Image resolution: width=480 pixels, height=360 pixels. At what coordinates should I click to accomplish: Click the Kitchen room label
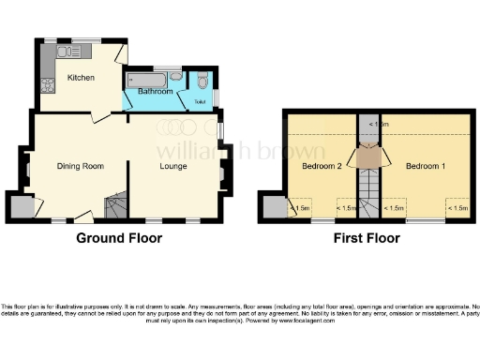point(80,78)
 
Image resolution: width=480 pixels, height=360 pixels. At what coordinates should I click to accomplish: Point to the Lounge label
point(174,166)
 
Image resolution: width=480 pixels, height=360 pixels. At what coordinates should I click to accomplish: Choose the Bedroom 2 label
point(322,166)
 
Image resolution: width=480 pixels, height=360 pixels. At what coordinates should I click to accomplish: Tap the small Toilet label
point(200,100)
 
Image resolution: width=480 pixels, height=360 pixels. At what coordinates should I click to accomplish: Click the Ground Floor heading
point(119,238)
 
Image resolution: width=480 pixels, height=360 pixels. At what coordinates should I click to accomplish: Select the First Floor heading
point(373,238)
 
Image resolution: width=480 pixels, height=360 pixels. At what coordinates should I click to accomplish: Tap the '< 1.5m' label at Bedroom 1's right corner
point(457,208)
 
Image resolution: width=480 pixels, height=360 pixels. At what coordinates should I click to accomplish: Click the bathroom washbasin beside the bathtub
point(176,78)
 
